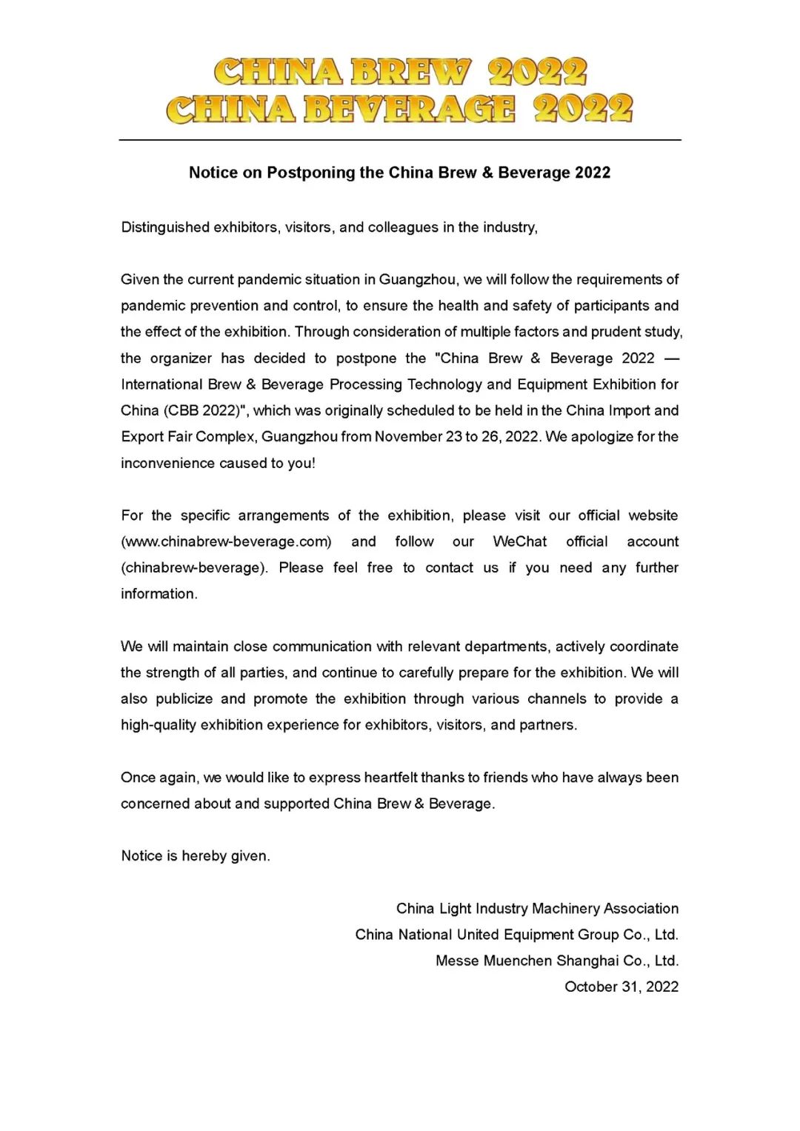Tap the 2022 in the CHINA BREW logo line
[x=537, y=73]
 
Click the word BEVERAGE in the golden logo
[x=409, y=109]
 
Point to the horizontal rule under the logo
[x=400, y=140]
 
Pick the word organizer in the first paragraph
[x=181, y=358]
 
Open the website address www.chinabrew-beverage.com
[x=226, y=541]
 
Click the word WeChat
[x=520, y=541]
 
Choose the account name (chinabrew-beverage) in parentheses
[x=195, y=568]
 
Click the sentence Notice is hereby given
[x=196, y=856]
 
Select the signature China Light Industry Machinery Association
[x=537, y=909]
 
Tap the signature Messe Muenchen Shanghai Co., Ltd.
[x=557, y=961]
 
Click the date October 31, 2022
[x=621, y=987]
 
